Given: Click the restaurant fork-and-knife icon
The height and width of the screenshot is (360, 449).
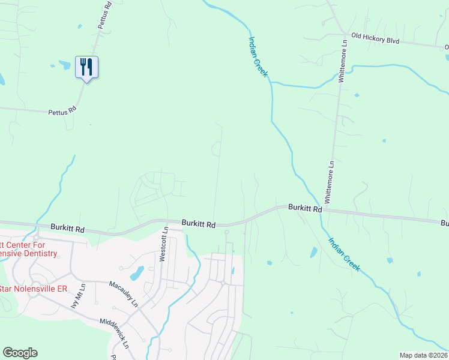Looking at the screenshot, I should (86, 67).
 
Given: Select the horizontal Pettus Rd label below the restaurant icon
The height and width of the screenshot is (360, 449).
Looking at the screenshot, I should (62, 110).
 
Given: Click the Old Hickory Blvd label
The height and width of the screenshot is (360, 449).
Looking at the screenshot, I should (375, 39).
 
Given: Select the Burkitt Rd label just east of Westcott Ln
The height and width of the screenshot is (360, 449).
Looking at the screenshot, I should (199, 224).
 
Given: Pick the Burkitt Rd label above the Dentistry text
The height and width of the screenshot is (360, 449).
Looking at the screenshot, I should (68, 229).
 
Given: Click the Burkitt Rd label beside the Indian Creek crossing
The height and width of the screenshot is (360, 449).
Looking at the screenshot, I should (305, 208).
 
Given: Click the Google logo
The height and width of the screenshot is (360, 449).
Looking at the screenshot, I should (20, 353).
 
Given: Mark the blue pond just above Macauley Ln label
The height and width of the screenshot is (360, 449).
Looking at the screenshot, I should (137, 274).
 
